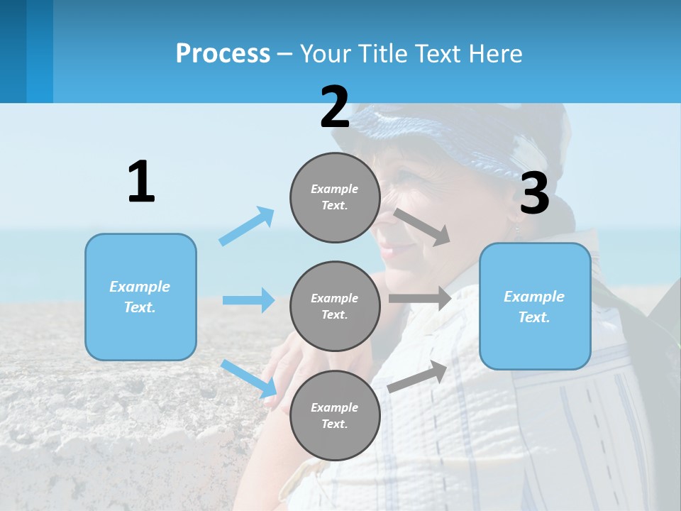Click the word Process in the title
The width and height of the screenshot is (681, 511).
coord(223,53)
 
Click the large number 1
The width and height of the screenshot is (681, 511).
coord(141,182)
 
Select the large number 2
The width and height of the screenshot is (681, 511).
coord(335,107)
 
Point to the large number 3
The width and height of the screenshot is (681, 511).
coord(534,193)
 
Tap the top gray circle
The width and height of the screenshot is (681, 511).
coord(335,197)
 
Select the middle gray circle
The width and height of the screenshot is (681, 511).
coord(335,307)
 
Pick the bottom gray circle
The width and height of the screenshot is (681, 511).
coord(335,416)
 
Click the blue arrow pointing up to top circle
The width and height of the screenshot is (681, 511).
coord(247,226)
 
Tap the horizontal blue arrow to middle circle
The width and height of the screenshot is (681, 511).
coord(248,300)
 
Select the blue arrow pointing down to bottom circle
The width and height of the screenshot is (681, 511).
coord(249,378)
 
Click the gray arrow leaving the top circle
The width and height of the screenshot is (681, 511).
coord(423,226)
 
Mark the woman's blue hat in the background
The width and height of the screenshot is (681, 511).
coord(454,135)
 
